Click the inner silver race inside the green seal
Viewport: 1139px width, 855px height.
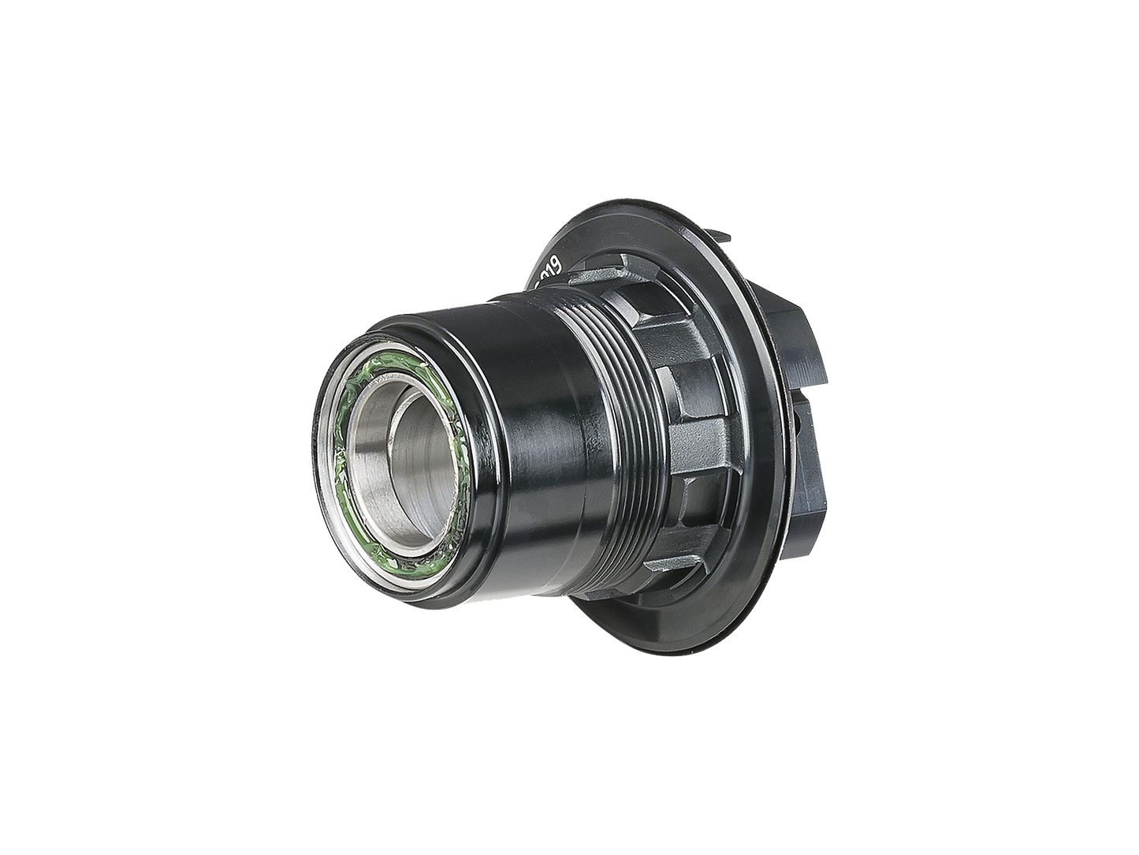370,442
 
